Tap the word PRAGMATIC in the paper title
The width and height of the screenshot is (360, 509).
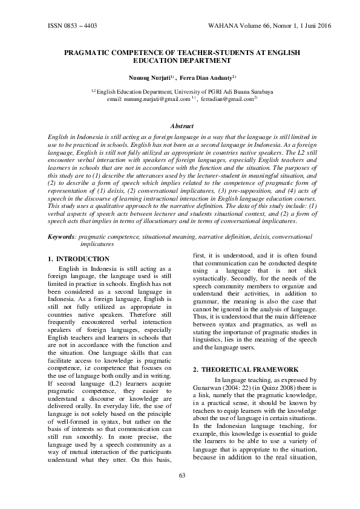(93, 53)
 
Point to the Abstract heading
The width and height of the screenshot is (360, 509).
(182, 126)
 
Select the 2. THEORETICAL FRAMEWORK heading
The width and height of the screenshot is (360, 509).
(250, 369)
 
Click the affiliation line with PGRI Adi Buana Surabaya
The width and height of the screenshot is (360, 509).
(182, 92)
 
